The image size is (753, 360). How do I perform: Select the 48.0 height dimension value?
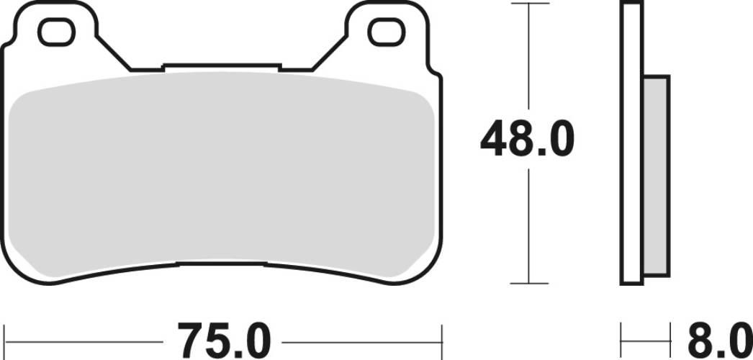[x=527, y=140]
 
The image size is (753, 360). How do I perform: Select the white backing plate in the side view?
[x=631, y=144]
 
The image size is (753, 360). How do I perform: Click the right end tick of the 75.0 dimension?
[x=442, y=336]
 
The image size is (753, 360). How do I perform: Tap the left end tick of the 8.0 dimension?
[x=621, y=336]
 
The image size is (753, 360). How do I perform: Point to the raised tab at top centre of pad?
[x=222, y=68]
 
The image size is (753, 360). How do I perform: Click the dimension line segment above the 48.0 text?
[x=529, y=58]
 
